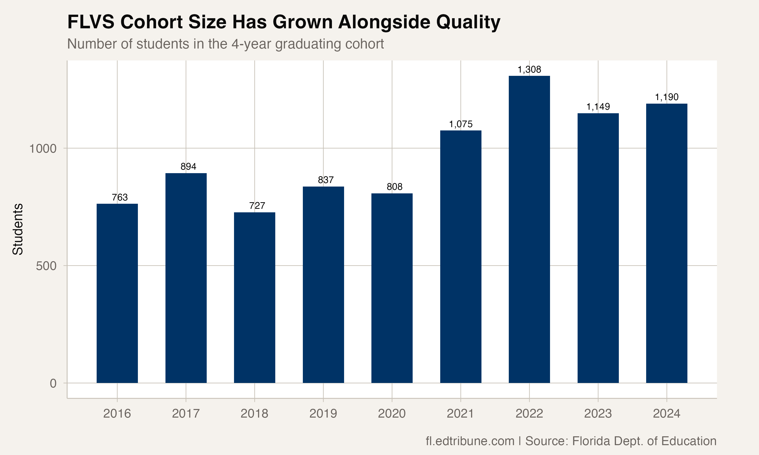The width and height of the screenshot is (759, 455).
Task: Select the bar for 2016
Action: point(117,293)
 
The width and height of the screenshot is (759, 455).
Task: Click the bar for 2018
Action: point(255,298)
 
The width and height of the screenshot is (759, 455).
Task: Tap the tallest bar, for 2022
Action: point(529,229)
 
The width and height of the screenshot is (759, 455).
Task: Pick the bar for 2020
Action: point(392,288)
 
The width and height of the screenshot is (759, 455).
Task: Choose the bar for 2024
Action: point(667,243)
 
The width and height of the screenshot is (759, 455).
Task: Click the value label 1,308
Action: point(529,70)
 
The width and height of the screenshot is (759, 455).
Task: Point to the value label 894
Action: point(188,167)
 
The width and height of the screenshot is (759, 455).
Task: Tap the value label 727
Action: point(257,206)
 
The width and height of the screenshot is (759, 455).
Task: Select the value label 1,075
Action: point(461,124)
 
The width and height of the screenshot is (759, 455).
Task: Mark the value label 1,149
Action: point(598,107)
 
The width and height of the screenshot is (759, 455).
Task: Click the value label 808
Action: point(394,187)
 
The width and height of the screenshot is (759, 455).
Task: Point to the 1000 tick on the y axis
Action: point(43,149)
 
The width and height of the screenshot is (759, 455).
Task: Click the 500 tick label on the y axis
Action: point(46,266)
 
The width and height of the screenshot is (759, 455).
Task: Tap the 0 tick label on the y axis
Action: point(53,383)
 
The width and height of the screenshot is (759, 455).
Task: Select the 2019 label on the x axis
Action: point(323,414)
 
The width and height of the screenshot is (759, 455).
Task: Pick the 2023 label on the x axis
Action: point(598,414)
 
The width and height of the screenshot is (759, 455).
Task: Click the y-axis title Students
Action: point(18,229)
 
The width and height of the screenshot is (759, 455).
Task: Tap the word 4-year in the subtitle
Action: point(251,44)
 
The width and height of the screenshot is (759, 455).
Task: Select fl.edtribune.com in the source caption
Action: point(470,441)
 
